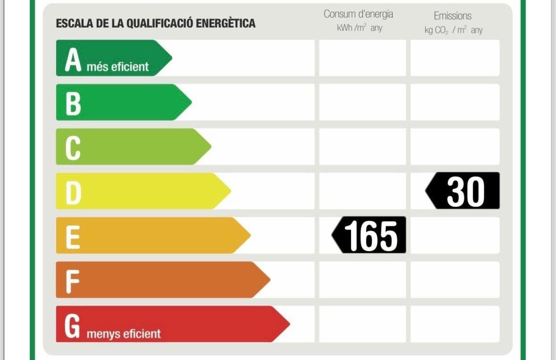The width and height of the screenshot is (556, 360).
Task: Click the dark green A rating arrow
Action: [x=113, y=58]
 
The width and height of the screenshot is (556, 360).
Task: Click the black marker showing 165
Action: [x=369, y=235]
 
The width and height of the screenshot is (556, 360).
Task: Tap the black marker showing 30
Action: [x=463, y=191]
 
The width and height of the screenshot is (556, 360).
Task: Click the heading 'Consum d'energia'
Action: [x=358, y=14]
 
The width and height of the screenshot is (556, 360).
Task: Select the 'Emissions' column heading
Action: [x=453, y=16]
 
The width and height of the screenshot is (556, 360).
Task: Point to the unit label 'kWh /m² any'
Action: [x=359, y=28]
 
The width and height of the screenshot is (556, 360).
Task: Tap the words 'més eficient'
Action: [x=118, y=67]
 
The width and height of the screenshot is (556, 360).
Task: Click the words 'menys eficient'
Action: [x=124, y=334]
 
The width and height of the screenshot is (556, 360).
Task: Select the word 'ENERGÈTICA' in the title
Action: [x=226, y=23]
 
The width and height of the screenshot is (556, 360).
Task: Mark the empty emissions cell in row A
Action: [x=455, y=58]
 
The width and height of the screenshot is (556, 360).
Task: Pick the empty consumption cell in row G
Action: [x=362, y=324]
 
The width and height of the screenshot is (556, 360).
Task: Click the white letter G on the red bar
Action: [x=72, y=327]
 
